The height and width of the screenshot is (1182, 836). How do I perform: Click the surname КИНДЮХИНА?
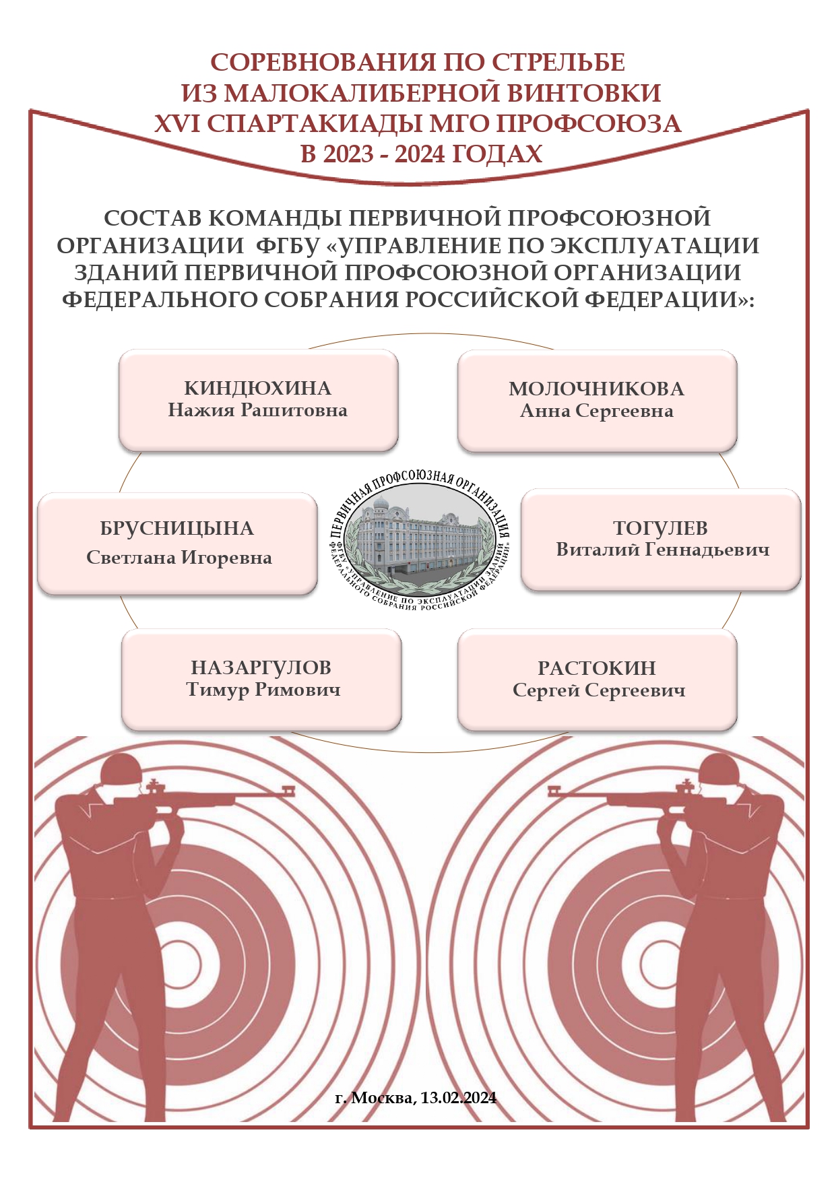[x=258, y=389]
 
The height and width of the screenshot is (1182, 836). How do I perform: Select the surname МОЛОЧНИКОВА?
[x=596, y=389]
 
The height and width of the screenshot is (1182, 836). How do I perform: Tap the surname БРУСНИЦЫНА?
[x=177, y=529]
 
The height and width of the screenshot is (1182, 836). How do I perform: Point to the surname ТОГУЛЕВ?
[x=660, y=528]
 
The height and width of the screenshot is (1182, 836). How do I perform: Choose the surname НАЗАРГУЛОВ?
[x=261, y=668]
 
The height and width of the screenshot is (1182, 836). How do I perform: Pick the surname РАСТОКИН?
[x=597, y=668]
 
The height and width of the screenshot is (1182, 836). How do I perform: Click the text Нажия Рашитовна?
[x=258, y=410]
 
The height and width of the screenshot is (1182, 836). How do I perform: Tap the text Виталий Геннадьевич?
[x=663, y=550]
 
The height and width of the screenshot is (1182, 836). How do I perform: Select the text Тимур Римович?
[x=263, y=690]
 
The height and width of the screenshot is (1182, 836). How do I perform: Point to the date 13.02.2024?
[x=459, y=1098]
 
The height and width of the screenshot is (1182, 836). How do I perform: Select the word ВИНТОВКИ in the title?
[x=583, y=93]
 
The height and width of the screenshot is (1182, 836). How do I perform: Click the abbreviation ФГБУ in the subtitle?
[x=288, y=246]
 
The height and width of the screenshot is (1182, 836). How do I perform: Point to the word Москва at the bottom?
[x=383, y=1098]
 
